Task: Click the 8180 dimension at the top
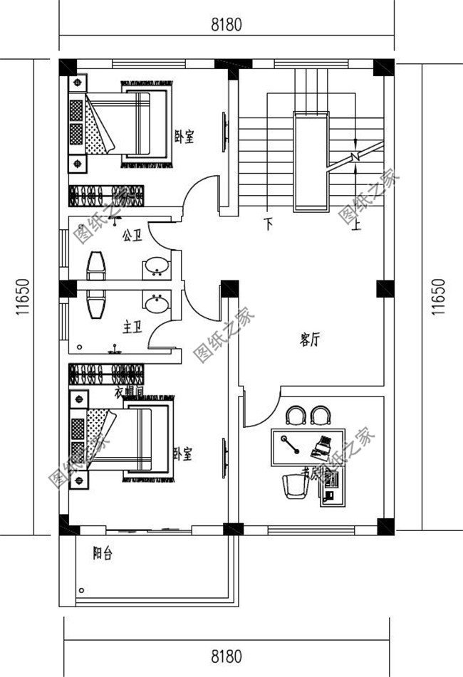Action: pos(227,25)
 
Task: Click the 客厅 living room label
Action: pos(308,340)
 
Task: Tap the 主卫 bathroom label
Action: pos(132,327)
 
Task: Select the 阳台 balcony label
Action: pos(104,552)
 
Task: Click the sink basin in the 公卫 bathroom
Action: pos(156,267)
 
